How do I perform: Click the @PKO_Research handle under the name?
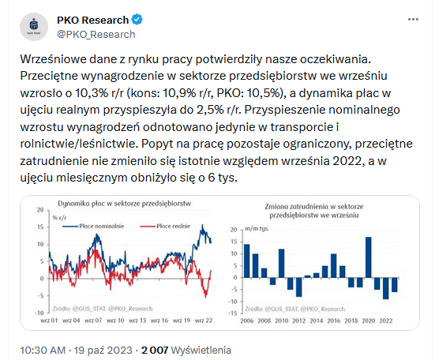click(96, 34)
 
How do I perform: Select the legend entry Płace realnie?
click(165, 226)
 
